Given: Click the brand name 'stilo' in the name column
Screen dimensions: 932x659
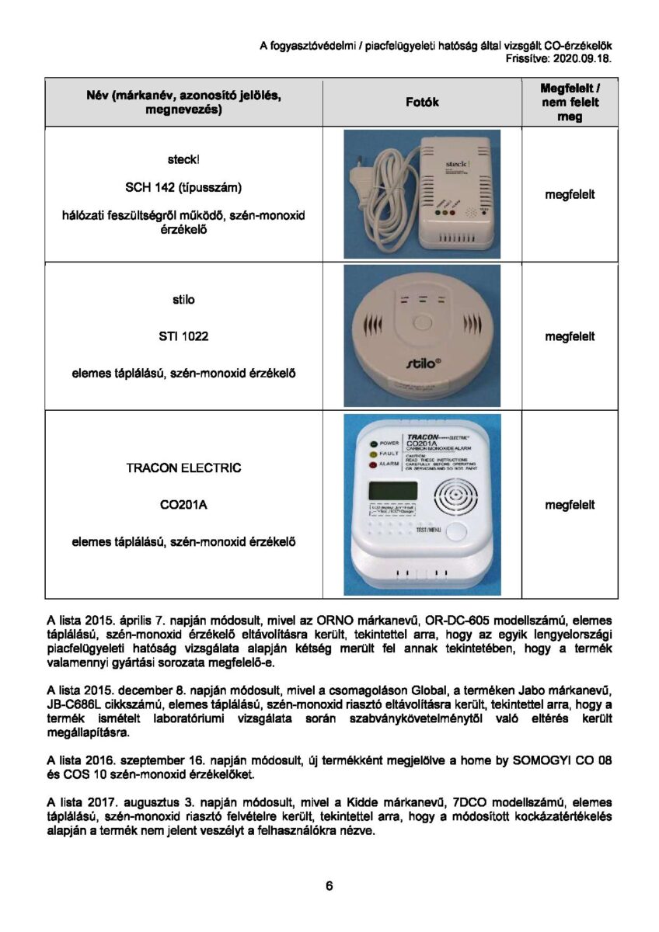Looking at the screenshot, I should pos(183,300).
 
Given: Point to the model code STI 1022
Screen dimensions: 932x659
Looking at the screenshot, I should pos(183,336).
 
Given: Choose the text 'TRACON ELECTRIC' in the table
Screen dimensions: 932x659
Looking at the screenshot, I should pos(183,468).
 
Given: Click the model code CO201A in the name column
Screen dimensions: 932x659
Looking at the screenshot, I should pos(183,505).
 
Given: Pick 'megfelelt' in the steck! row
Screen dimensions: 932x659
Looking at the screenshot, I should pos(570,194).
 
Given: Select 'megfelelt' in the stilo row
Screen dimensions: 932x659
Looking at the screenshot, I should pos(570,336).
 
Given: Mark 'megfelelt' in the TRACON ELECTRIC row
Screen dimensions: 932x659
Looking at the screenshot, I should pos(570,505).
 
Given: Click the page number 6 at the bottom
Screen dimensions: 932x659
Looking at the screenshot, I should pos(329,886).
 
